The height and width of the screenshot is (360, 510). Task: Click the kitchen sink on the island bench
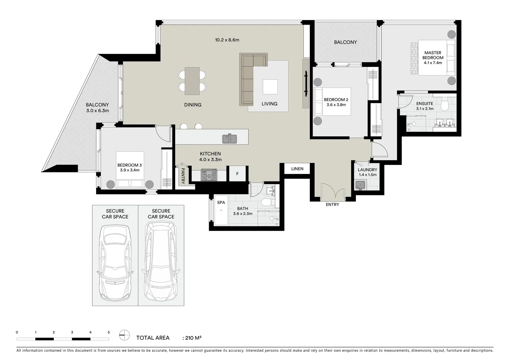pyautogui.click(x=229, y=138)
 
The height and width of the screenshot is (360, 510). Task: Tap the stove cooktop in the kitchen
pyautogui.click(x=209, y=175)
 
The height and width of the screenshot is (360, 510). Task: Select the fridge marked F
pyautogui.click(x=237, y=174)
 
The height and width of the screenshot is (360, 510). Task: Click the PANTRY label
pyautogui.click(x=183, y=176)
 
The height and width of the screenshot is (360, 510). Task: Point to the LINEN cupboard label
pyautogui.click(x=297, y=169)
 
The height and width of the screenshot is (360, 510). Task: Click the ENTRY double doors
pyautogui.click(x=332, y=192)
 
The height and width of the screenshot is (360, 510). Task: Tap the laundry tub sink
pyautogui.click(x=361, y=184)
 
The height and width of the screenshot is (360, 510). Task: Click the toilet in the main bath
pyautogui.click(x=267, y=202)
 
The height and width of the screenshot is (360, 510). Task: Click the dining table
pyautogui.click(x=192, y=81)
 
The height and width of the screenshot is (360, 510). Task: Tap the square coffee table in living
pyautogui.click(x=270, y=87)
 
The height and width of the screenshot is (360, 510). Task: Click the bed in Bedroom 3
pyautogui.click(x=130, y=170)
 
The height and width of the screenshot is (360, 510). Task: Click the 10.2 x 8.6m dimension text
pyautogui.click(x=227, y=40)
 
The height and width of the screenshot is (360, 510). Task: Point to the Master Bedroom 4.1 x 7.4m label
pyautogui.click(x=433, y=58)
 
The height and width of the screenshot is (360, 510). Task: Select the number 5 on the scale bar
pyautogui.click(x=109, y=332)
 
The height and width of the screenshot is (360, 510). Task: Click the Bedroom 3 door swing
pyautogui.click(x=163, y=133)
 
